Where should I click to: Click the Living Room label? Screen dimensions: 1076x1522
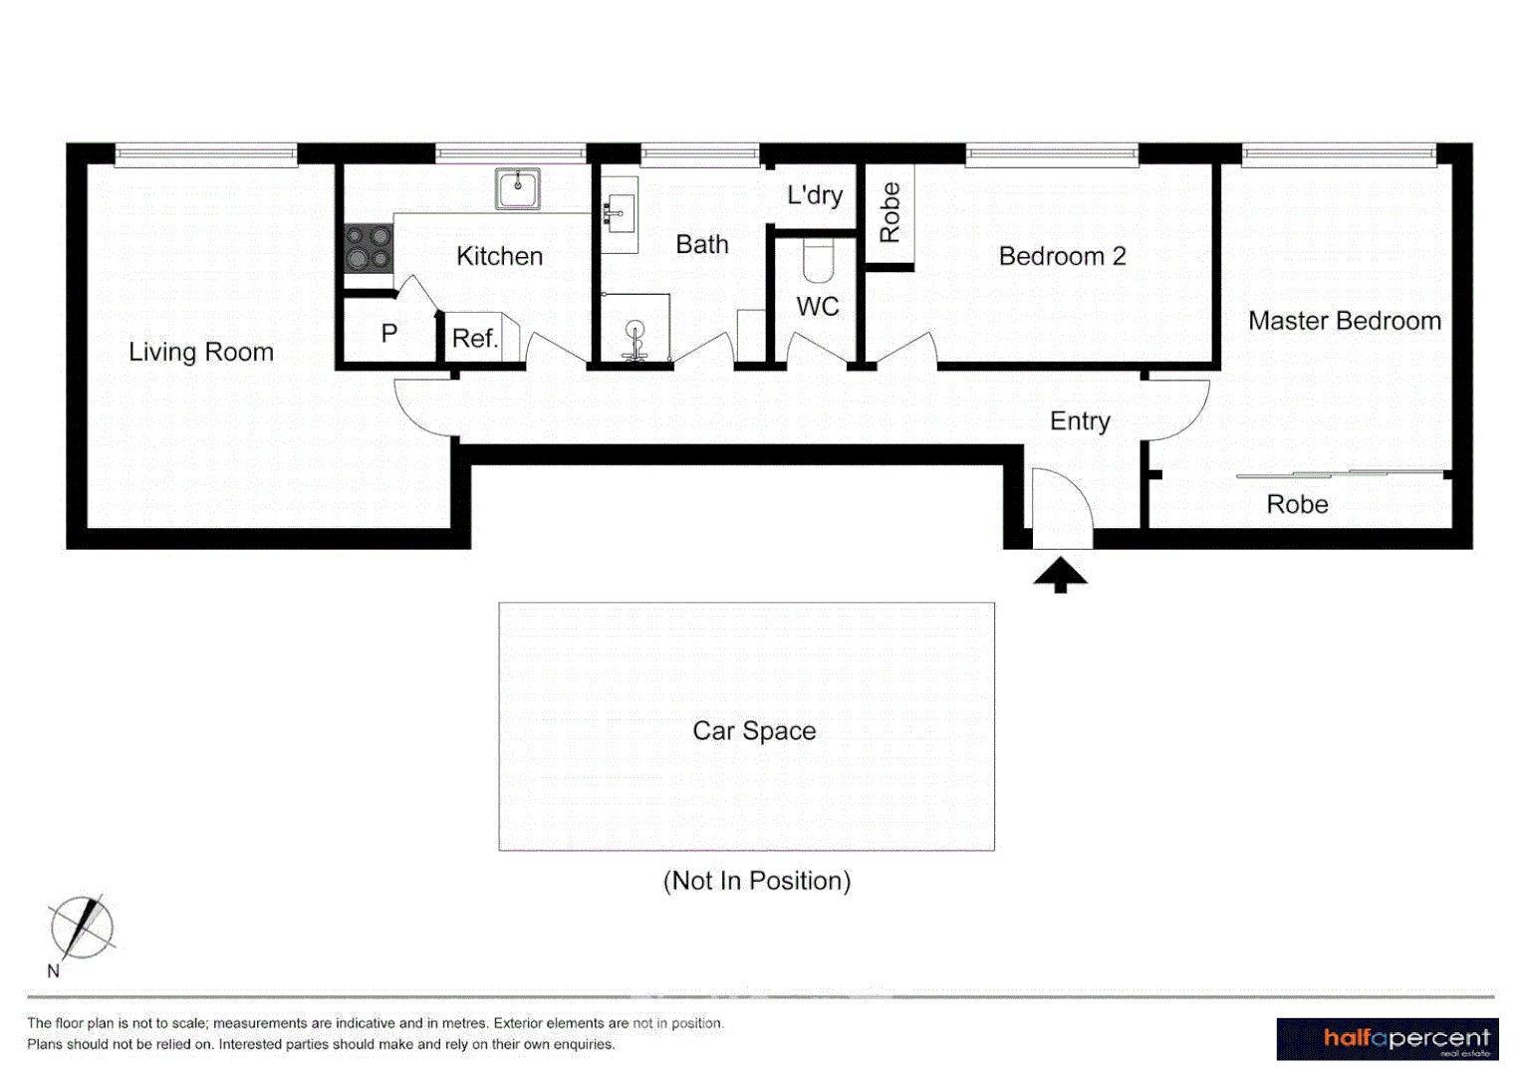(200, 352)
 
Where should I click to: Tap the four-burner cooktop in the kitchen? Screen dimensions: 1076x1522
(368, 248)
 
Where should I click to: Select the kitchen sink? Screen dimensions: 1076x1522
(518, 188)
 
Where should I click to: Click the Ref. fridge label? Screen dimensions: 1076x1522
(474, 339)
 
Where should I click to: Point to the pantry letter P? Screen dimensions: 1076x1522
(389, 334)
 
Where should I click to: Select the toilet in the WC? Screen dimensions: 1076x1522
(818, 261)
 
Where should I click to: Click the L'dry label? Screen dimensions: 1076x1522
(815, 195)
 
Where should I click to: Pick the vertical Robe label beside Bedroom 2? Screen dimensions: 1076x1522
(889, 212)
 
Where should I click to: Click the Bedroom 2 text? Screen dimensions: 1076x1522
(1062, 256)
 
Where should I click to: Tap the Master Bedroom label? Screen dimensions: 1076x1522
(1344, 321)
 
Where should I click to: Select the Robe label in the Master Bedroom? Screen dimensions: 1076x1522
(1297, 504)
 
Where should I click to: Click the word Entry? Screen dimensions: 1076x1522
(1080, 421)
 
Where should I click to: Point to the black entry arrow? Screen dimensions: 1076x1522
(1060, 575)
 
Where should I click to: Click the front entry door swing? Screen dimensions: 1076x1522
(1062, 508)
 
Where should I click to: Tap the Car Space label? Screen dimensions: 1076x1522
(754, 731)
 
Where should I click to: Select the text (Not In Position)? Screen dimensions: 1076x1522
(756, 881)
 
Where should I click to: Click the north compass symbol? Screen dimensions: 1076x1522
(82, 928)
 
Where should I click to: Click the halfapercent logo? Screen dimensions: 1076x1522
(1387, 1039)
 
